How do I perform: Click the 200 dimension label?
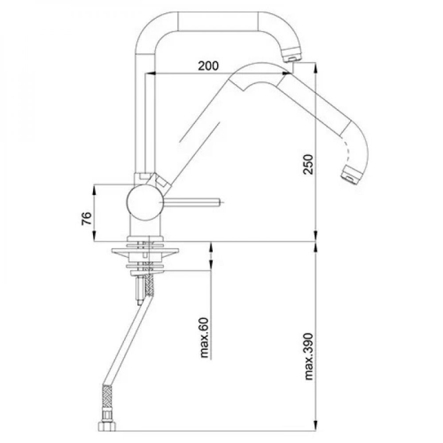(x=208, y=66)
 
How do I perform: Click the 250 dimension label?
(x=308, y=164)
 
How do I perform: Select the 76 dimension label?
(x=87, y=218)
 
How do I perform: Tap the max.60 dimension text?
(x=204, y=338)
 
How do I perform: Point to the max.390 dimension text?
(x=309, y=357)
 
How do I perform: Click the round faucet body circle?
(x=145, y=202)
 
